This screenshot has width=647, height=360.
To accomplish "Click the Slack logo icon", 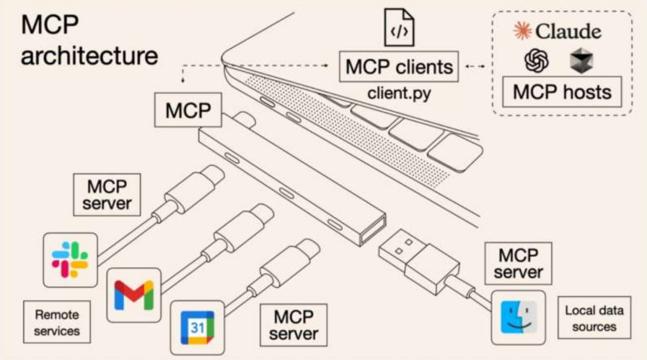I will tap(70, 260).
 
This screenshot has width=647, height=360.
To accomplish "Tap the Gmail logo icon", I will tap(134, 295).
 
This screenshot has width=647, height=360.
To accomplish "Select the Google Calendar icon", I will tap(197, 328).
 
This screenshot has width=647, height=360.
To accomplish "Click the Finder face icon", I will tap(518, 317).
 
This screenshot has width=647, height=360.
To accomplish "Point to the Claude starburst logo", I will tap(523, 32).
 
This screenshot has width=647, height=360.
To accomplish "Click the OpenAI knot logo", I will tap(536, 62).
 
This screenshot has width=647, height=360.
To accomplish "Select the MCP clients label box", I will tap(399, 67).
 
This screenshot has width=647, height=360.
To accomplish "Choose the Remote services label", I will tap(56, 321).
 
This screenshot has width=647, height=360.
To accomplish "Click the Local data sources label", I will tap(594, 318).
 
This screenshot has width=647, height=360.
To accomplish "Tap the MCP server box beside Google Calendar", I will tap(294, 325).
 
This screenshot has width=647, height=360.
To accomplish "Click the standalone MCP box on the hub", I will tap(189, 110).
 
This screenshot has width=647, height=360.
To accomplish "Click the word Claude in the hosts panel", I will tap(568, 32).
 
